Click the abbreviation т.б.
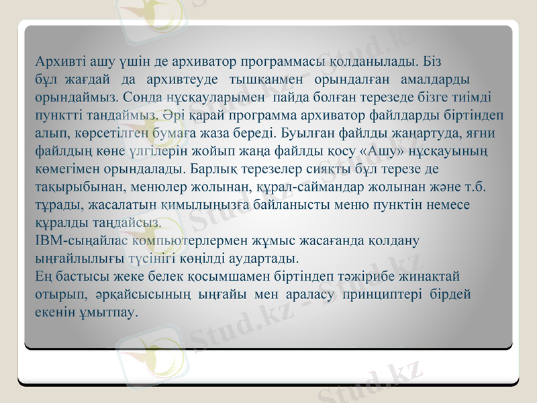pyautogui.click(x=476, y=185)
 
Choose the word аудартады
pyautogui.click(x=268, y=257)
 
